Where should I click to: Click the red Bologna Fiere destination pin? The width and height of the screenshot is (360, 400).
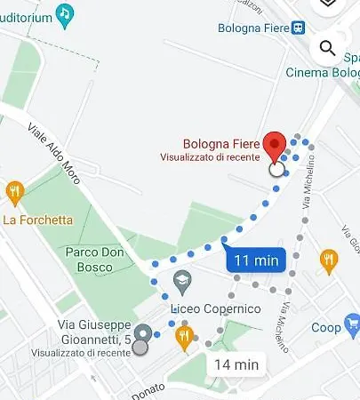point(276,146)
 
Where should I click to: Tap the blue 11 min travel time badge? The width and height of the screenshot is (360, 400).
point(255,260)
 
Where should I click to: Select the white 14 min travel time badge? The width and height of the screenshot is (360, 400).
point(236,364)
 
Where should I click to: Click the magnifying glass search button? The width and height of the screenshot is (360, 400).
point(327,48)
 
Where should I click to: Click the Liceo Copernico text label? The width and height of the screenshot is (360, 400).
point(216,309)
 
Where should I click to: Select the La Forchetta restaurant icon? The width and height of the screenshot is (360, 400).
point(14,191)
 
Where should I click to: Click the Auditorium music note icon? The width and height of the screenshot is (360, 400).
point(64,12)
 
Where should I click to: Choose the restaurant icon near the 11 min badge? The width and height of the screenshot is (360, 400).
point(328,260)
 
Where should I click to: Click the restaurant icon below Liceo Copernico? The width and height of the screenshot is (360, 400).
point(185,335)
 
